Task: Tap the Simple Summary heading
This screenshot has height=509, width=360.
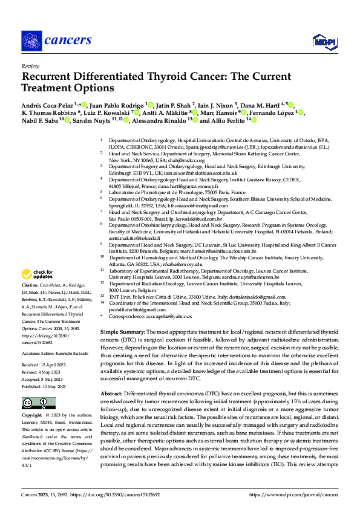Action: [123, 332]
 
